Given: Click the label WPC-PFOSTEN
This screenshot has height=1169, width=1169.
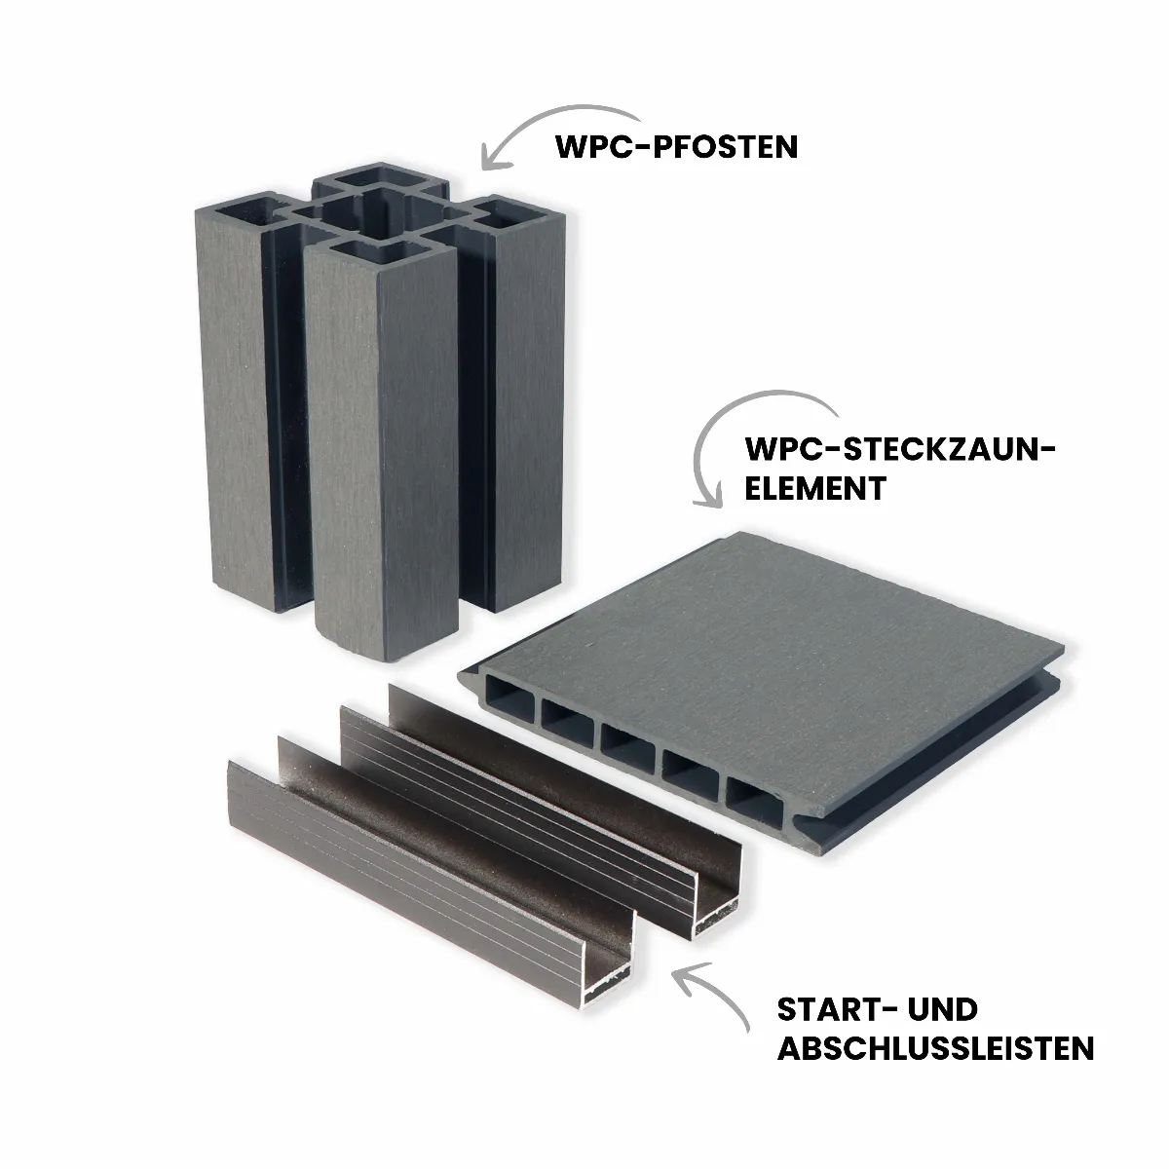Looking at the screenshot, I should point(676,147).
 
